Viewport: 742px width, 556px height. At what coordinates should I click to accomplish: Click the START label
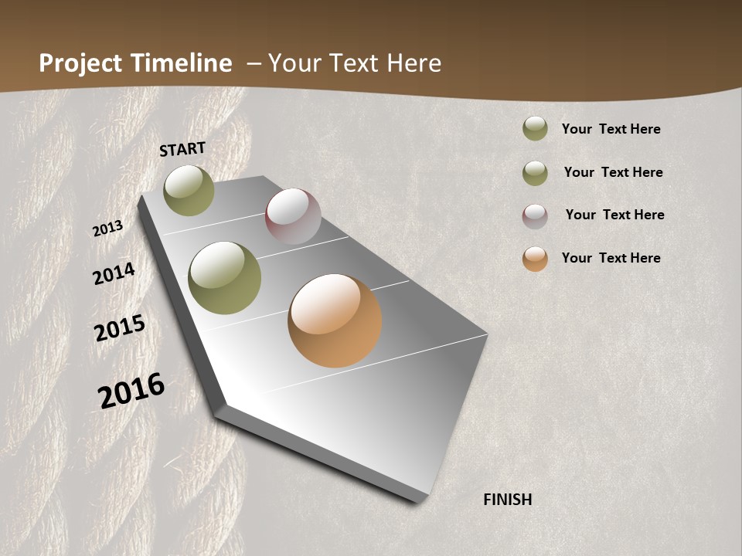pos(182,149)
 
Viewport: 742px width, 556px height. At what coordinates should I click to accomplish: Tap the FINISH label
pos(507,500)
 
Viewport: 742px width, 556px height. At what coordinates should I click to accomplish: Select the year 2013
pos(108,229)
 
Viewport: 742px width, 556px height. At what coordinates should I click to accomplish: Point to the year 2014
pos(114,274)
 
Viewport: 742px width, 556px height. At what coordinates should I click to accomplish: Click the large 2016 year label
pos(131,390)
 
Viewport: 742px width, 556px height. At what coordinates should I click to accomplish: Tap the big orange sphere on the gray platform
pos(335,320)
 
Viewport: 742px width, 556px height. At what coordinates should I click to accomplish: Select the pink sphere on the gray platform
pos(293,215)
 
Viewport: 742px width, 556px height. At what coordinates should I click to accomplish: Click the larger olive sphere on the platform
pos(225,278)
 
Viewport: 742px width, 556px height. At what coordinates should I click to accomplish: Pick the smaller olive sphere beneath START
pos(189,190)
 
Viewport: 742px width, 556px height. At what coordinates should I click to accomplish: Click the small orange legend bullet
pos(535,259)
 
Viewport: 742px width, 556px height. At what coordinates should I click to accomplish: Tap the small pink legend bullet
pos(535,216)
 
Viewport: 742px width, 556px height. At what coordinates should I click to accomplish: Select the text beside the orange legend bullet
pos(611,258)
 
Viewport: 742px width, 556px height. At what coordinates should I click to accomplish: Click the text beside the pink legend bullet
pos(614,215)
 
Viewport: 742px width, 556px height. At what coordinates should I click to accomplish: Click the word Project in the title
pos(81,63)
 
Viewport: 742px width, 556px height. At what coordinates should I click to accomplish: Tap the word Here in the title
pos(414,63)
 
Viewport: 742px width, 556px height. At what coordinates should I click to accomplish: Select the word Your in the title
pos(293,63)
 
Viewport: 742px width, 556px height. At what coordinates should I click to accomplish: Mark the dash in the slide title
pos(254,63)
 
